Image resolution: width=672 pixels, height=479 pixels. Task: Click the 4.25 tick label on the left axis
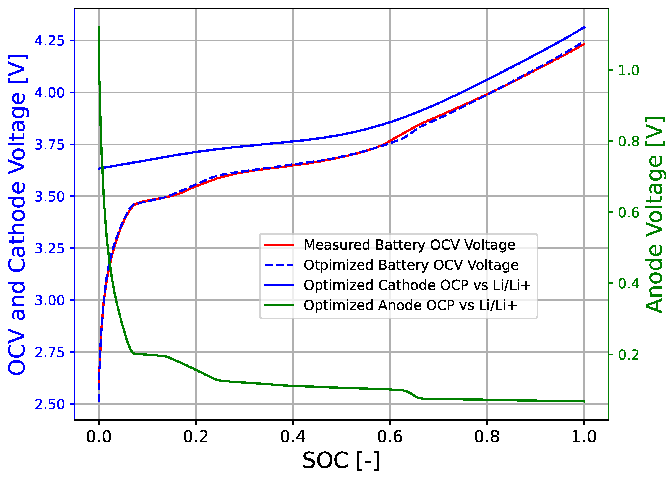pyautogui.click(x=49, y=41)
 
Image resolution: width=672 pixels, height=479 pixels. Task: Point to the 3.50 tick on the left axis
pyautogui.click(x=49, y=197)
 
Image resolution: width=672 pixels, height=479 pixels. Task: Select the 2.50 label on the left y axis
pyautogui.click(x=49, y=404)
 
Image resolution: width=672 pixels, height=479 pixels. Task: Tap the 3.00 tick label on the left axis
pyautogui.click(x=49, y=301)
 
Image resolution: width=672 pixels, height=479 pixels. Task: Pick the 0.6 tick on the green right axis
pyautogui.click(x=628, y=213)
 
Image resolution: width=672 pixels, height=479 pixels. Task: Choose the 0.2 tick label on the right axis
pyautogui.click(x=628, y=355)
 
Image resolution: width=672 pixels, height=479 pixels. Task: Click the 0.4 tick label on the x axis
pyautogui.click(x=293, y=437)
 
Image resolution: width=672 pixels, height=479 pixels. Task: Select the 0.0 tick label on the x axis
pyautogui.click(x=99, y=437)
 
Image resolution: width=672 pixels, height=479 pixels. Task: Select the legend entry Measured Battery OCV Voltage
pyautogui.click(x=409, y=245)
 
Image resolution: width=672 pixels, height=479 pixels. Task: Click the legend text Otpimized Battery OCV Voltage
pyautogui.click(x=411, y=265)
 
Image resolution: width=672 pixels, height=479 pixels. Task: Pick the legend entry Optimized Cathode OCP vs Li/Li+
pyautogui.click(x=417, y=285)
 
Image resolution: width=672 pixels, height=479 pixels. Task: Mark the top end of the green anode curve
pyautogui.click(x=99, y=27)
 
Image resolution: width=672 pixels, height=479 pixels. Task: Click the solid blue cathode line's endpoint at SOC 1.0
pyautogui.click(x=584, y=27)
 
